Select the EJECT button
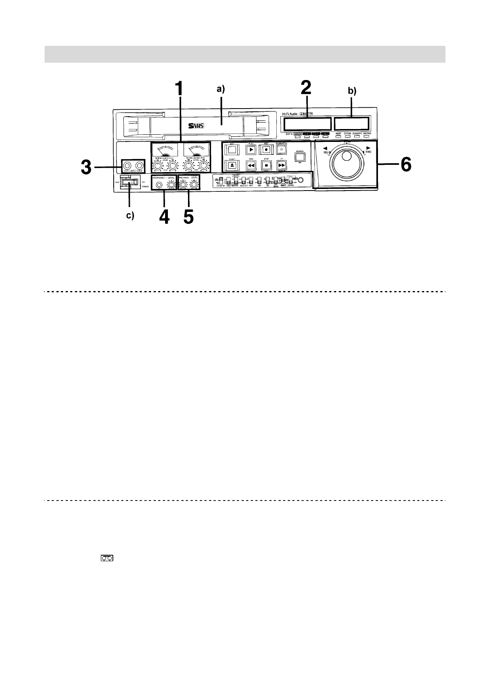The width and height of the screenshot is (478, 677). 232,165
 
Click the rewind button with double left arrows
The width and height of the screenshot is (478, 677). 251,165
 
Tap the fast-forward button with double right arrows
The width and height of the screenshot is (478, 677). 282,165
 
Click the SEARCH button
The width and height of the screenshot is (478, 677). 300,156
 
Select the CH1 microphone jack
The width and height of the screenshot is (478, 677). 127,165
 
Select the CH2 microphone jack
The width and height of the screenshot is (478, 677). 139,165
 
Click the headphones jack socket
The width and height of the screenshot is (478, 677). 159,185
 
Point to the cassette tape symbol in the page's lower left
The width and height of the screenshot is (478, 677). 107,558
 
